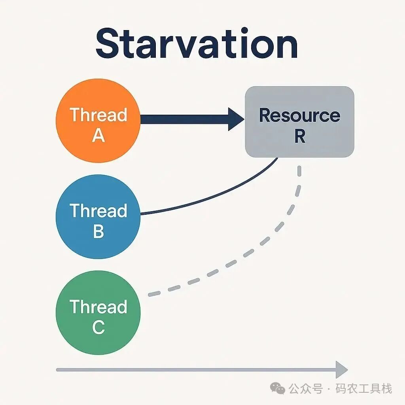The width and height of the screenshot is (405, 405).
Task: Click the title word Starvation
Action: tap(197, 44)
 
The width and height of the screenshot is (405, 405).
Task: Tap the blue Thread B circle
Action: tap(98, 217)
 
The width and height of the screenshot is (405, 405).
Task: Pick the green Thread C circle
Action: tap(98, 312)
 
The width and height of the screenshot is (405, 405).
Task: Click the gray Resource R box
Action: tap(299, 122)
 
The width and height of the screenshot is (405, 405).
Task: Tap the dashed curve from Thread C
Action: tap(253, 249)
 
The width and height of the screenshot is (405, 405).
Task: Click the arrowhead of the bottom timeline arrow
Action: tap(341, 369)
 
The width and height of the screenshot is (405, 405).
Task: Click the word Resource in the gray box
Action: tap(299, 115)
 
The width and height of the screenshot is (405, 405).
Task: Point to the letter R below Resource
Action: tap(299, 136)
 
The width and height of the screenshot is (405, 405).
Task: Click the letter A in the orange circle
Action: tap(98, 136)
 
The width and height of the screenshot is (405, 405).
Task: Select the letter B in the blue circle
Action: tap(98, 231)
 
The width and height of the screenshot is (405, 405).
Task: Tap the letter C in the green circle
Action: tap(98, 327)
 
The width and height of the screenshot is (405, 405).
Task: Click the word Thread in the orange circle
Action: tap(98, 115)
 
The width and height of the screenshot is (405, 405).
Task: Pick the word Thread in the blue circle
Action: tap(98, 211)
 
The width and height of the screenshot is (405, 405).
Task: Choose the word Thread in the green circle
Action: tap(98, 307)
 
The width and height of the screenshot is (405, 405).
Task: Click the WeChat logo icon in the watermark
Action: tap(278, 388)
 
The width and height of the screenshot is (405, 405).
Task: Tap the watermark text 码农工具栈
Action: tap(364, 388)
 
